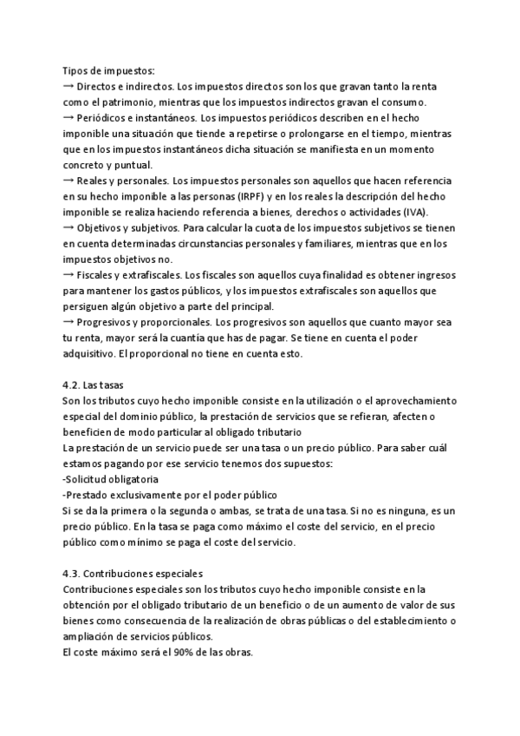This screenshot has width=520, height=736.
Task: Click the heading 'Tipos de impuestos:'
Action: [108, 71]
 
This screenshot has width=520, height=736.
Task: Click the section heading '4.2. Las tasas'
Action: [100, 384]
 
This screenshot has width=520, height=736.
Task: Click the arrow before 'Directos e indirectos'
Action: [68, 87]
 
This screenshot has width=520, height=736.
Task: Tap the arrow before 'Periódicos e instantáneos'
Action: [68, 118]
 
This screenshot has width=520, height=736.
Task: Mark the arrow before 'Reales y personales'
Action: [68, 181]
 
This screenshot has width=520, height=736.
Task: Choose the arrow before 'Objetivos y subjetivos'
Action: [68, 227]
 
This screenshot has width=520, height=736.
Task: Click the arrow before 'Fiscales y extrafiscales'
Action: [68, 274]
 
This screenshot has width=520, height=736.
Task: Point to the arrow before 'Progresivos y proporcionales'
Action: [68, 322]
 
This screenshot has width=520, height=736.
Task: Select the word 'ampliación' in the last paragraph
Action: [88, 636]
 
